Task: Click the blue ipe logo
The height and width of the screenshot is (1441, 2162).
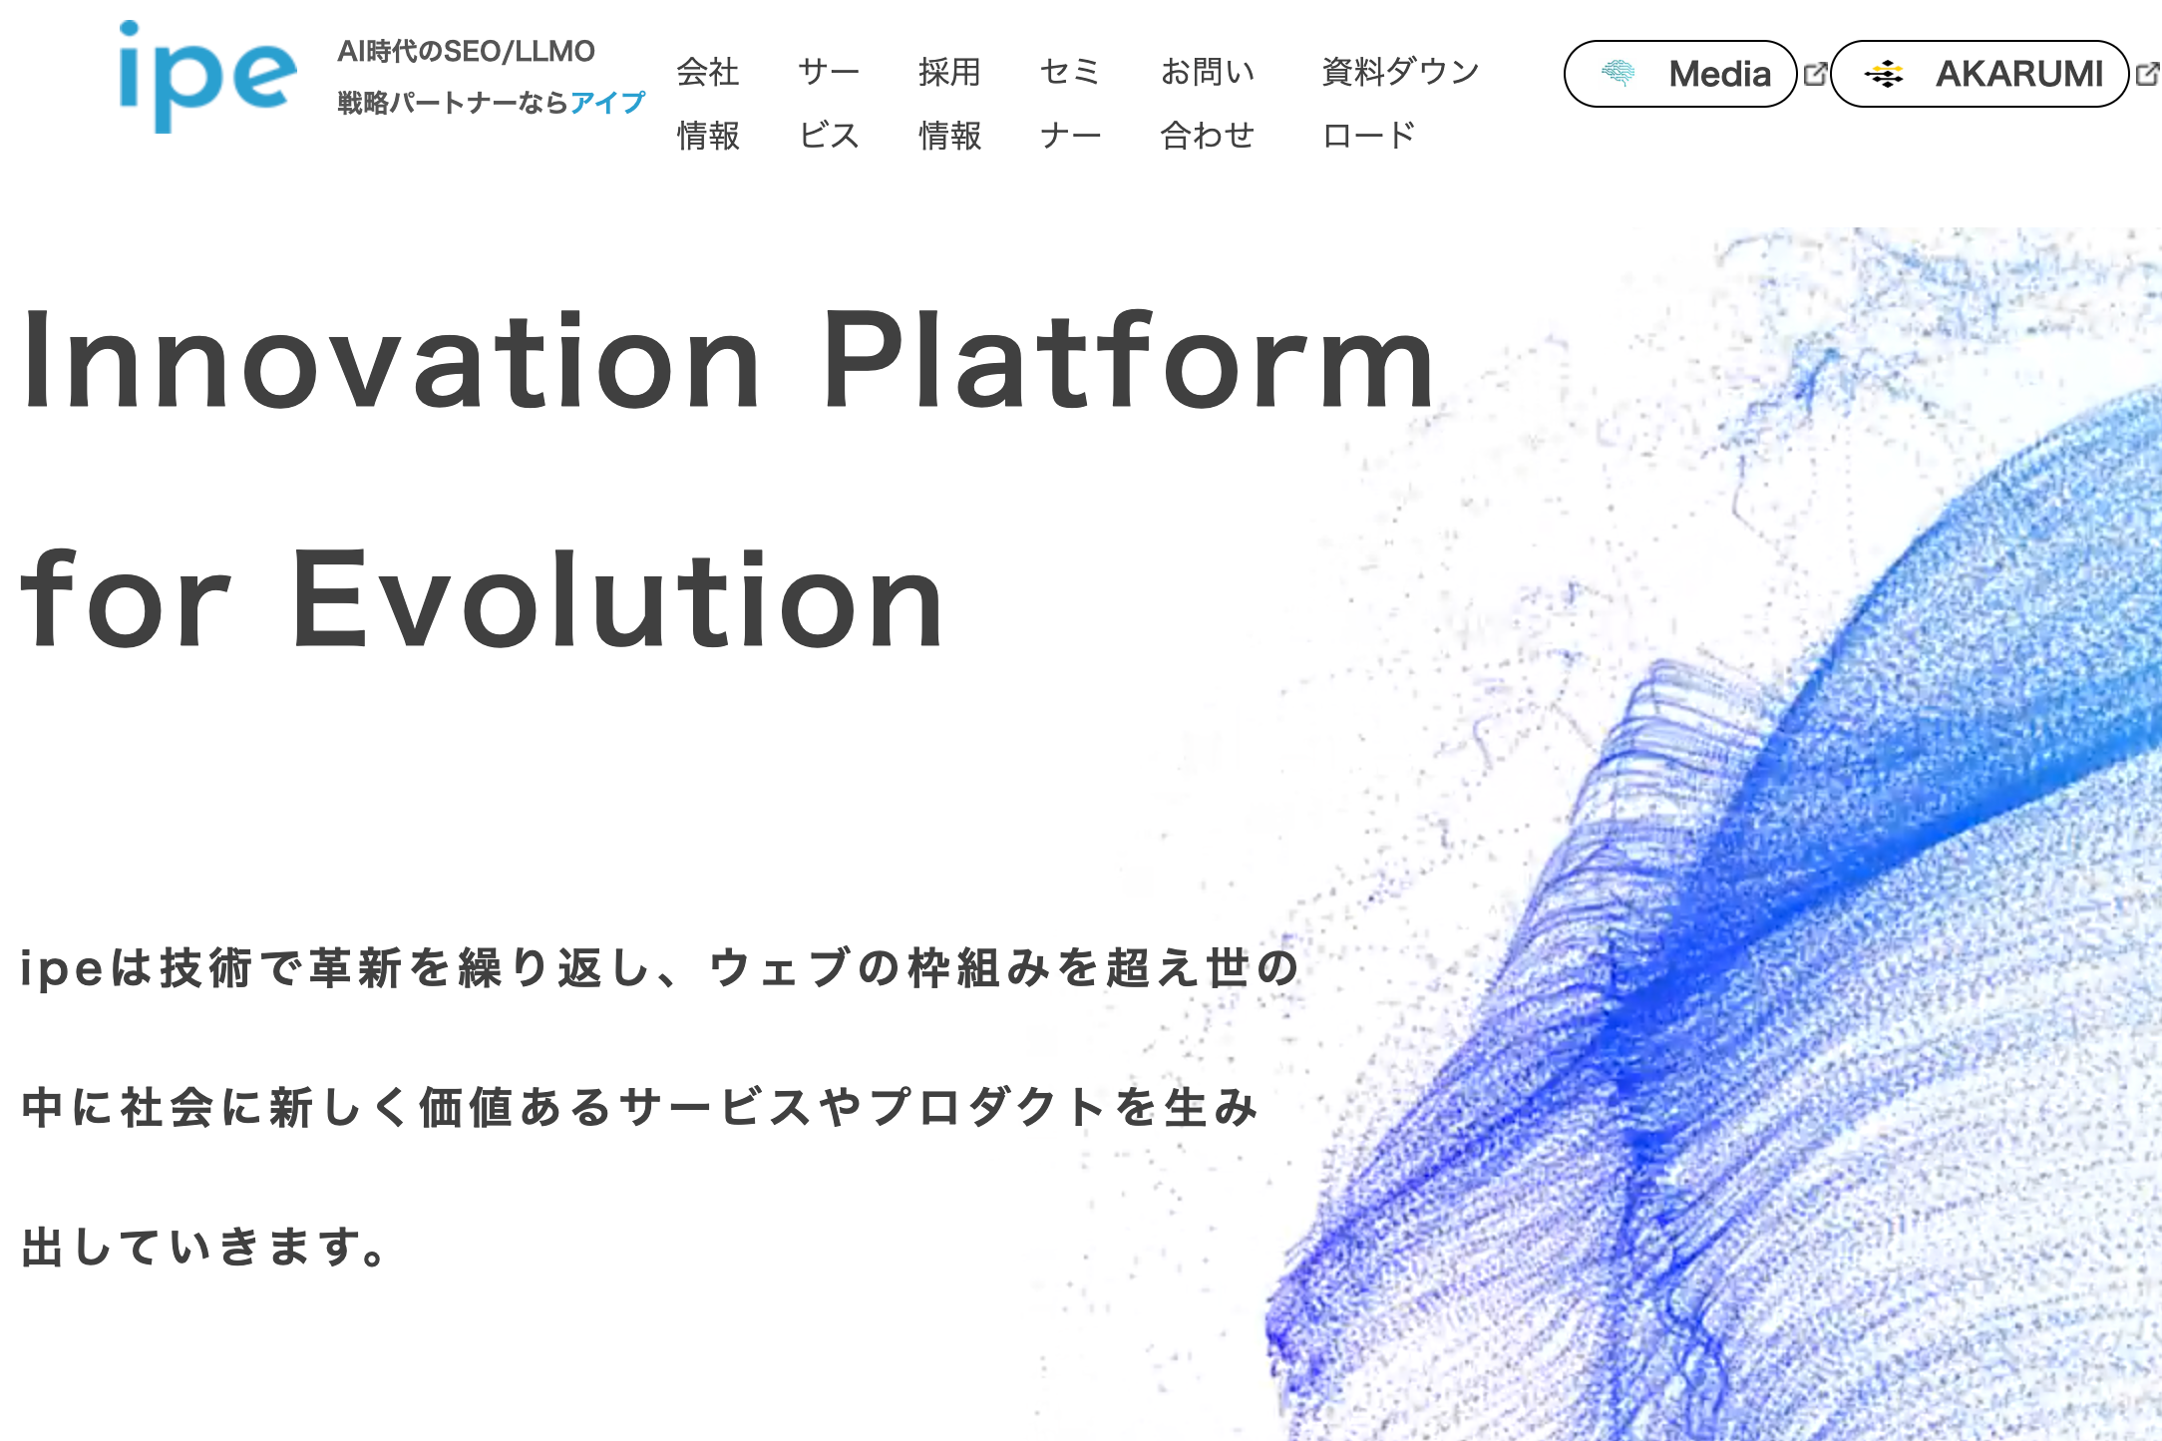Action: [207, 77]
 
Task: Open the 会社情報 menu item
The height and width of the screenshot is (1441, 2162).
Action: [708, 103]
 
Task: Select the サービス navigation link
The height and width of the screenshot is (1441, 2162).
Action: [829, 103]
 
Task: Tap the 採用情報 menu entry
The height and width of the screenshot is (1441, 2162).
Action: [950, 103]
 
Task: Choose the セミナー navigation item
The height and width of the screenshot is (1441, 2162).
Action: [1070, 103]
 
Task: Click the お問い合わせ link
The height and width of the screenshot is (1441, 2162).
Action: [1208, 103]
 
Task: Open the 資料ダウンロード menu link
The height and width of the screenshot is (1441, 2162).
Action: [1400, 103]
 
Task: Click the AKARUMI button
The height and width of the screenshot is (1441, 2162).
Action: [1981, 74]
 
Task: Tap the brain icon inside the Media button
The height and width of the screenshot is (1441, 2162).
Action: [1618, 73]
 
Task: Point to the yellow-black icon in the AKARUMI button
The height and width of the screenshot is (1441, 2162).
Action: [1884, 74]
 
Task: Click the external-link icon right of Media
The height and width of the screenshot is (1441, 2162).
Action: [1816, 74]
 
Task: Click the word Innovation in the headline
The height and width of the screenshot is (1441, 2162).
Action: [392, 360]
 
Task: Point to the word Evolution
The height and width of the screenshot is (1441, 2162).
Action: [617, 599]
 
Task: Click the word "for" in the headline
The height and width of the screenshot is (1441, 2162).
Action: [126, 597]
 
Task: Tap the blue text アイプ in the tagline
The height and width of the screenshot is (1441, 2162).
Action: [607, 103]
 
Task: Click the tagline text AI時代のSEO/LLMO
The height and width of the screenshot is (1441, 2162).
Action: [466, 51]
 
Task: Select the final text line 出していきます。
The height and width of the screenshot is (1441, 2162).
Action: [203, 1247]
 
